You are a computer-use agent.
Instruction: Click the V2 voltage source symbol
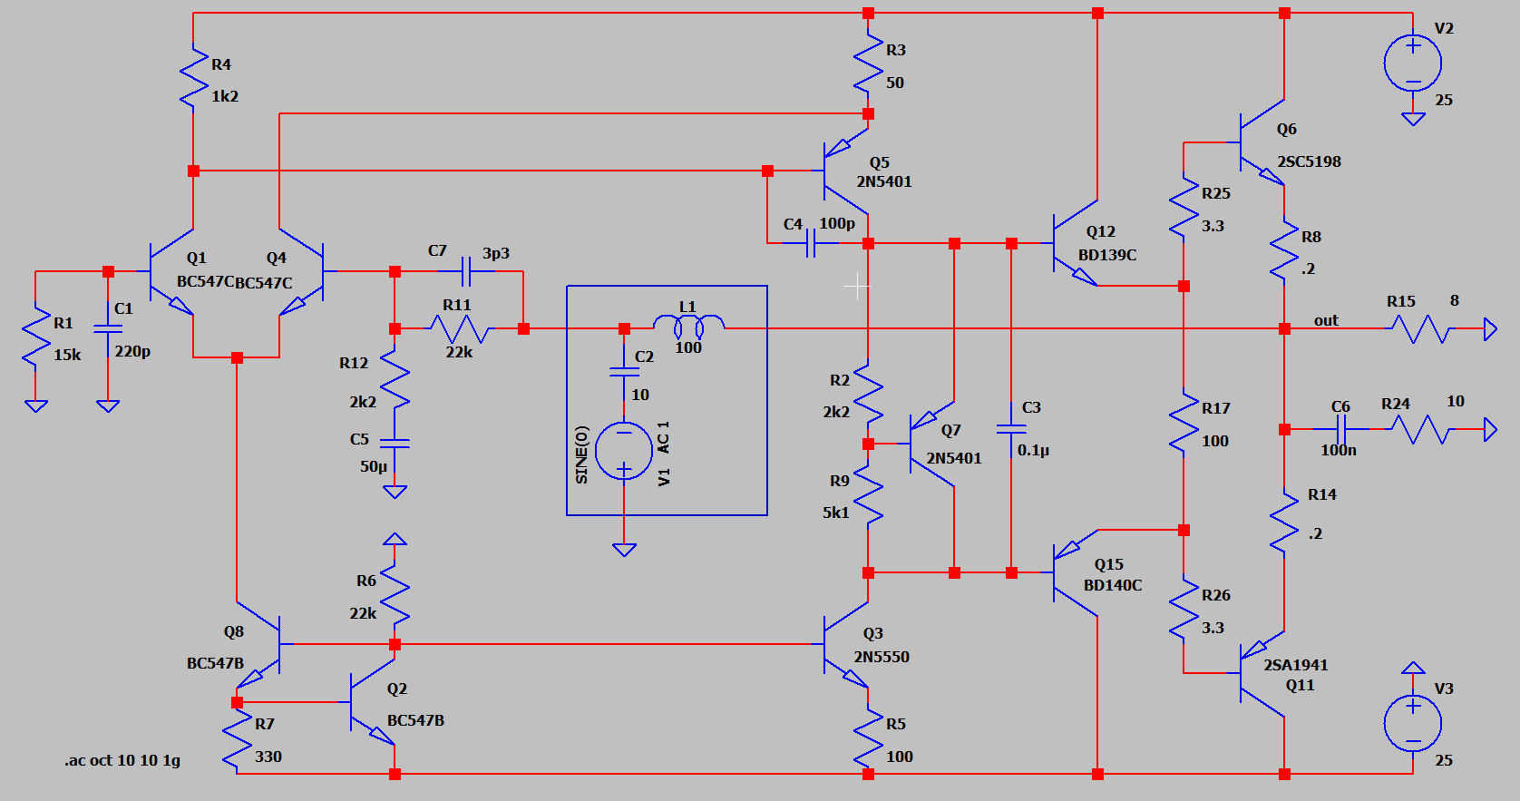[x=1413, y=63]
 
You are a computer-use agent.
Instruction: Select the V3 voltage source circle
[x=1413, y=724]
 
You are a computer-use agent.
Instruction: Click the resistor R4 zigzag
[x=193, y=75]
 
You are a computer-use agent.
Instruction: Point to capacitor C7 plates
[x=466, y=271]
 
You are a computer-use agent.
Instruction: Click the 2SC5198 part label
[x=1309, y=161]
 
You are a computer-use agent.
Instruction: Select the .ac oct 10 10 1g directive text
[x=122, y=760]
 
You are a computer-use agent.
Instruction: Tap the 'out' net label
[x=1326, y=320]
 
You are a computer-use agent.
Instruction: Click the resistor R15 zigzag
[x=1420, y=328]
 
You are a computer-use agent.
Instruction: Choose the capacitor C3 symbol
[x=1011, y=429]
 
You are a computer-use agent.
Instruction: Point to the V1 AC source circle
[x=624, y=451]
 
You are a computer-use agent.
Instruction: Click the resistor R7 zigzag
[x=237, y=742]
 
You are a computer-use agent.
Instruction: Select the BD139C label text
[x=1107, y=255]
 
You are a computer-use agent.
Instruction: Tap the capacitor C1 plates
[x=108, y=330]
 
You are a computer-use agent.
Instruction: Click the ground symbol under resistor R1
[x=36, y=405]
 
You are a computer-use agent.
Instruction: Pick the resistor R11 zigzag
[x=460, y=329]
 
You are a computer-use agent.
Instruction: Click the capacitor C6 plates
[x=1340, y=429]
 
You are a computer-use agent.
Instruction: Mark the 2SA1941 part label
[x=1295, y=665]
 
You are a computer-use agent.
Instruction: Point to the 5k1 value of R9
[x=836, y=513]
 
